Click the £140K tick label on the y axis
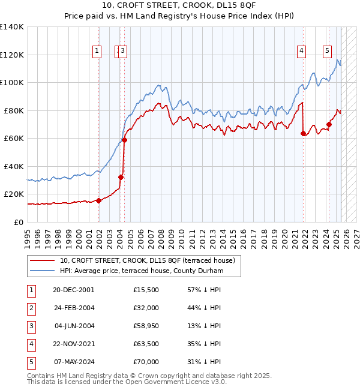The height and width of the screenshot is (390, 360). click(12, 27)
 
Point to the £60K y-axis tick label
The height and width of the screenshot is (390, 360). click(14, 139)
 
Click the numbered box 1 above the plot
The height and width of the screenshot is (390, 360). click(97, 52)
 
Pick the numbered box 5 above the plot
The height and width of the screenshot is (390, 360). click(327, 52)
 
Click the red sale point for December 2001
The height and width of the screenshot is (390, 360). click(98, 201)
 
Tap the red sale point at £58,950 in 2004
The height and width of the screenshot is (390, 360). click(125, 140)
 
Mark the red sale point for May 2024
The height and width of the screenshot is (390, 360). click(329, 125)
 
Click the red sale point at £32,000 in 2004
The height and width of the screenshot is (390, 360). click(121, 178)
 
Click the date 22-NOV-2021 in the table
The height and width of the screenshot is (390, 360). click(74, 344)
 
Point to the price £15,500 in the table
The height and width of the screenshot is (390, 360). click(146, 290)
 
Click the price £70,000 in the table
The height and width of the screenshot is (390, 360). click(146, 362)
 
